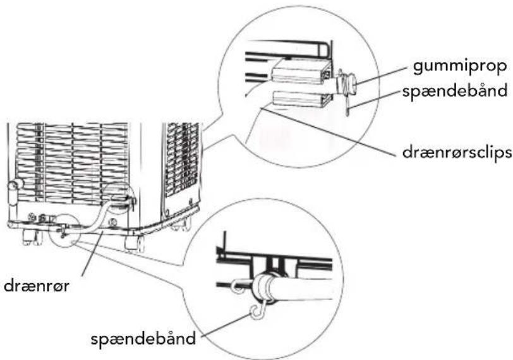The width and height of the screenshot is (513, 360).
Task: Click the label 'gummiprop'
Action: [x=460, y=66]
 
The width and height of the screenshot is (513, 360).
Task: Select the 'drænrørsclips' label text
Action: [x=457, y=152]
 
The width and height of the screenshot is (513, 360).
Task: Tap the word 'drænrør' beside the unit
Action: [x=37, y=285]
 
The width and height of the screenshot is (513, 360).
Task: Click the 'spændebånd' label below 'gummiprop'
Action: [x=455, y=90]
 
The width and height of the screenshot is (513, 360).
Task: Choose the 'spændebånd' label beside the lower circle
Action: [x=143, y=339]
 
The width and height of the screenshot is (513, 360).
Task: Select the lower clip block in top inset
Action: [x=299, y=99]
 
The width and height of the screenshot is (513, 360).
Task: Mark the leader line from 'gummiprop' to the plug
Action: [x=382, y=76]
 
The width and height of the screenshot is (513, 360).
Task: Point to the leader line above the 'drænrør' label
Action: [x=94, y=254]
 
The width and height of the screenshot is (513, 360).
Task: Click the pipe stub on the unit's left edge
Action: [x=14, y=193]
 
